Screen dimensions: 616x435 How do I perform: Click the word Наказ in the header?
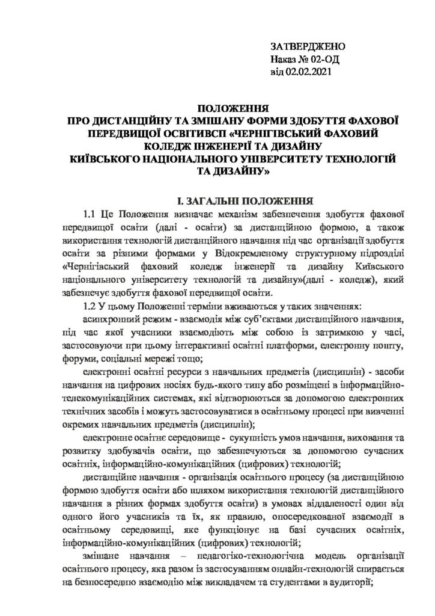click(284, 60)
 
